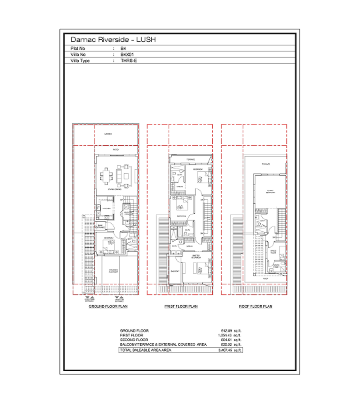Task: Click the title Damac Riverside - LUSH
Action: pos(113,40)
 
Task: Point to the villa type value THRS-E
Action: pos(128,61)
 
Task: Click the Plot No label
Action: pos(78,49)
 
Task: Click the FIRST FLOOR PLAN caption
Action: pos(181,307)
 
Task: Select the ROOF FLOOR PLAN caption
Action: pos(256,307)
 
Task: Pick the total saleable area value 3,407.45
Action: pos(229,349)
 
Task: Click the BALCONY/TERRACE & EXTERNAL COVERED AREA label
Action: pos(163,344)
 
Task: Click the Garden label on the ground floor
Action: pos(108,135)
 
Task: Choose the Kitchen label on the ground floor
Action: pos(105,208)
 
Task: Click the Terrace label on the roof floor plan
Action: pos(266,163)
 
